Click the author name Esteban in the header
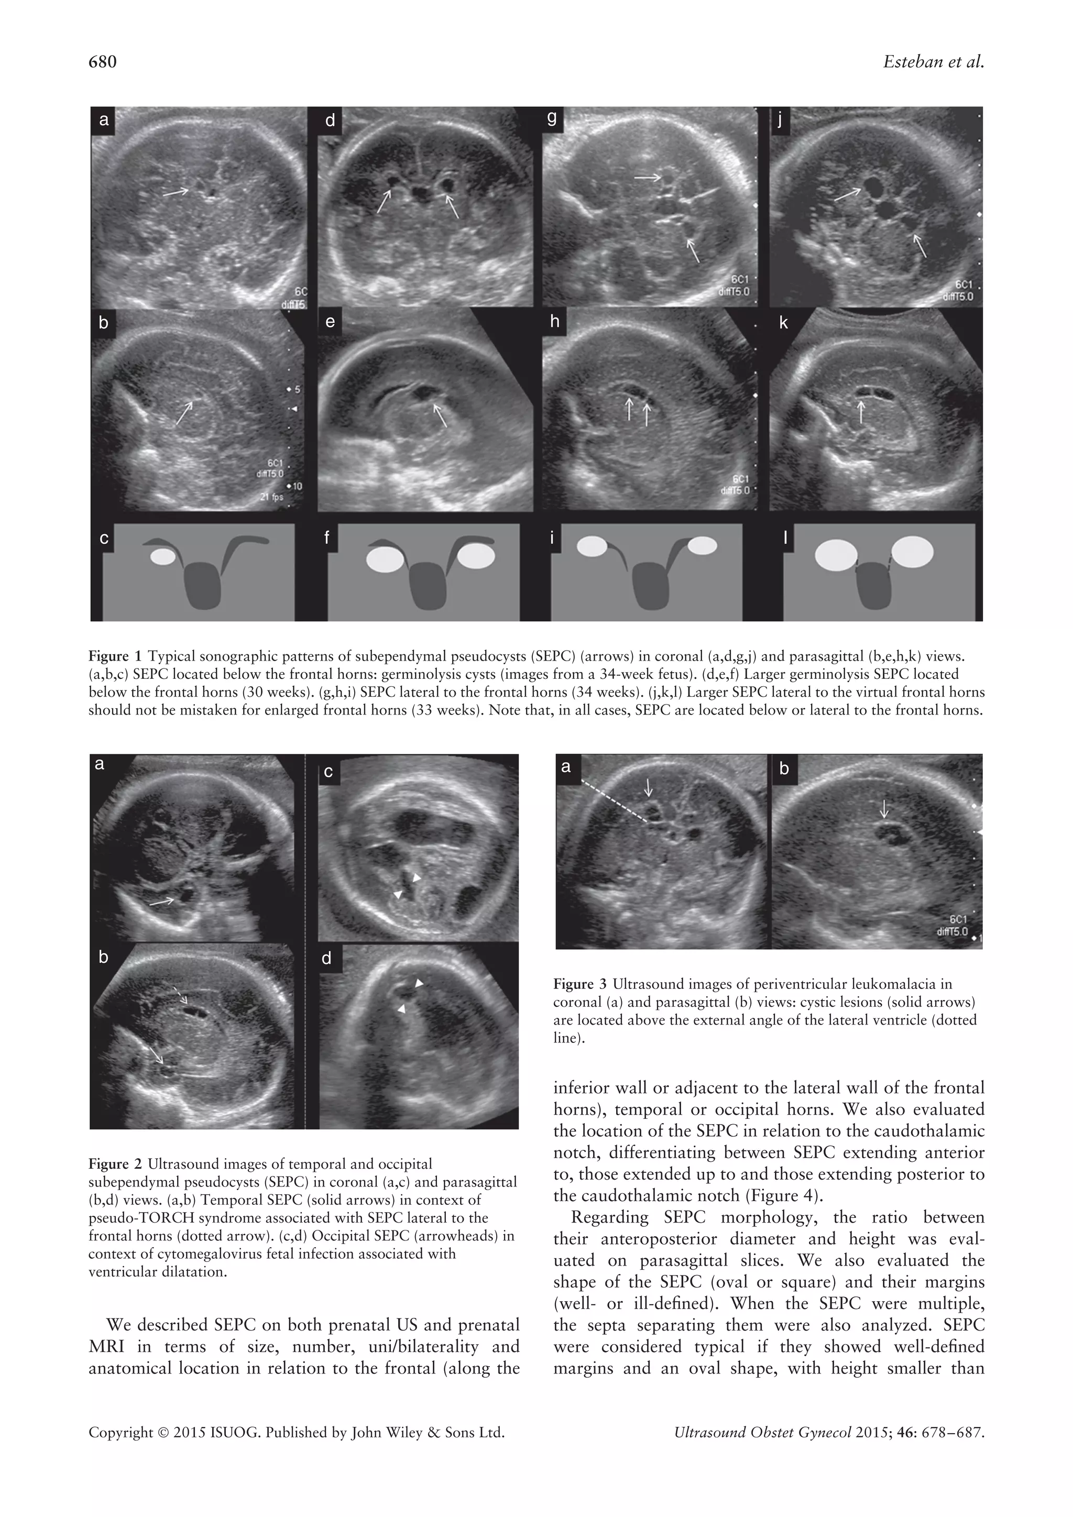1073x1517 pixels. click(x=911, y=62)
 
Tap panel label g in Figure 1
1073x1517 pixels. click(x=552, y=118)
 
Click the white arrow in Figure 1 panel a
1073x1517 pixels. click(x=176, y=192)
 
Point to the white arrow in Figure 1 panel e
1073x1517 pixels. click(x=440, y=415)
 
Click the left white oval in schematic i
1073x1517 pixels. click(x=592, y=546)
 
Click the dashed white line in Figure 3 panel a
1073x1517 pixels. click(x=612, y=801)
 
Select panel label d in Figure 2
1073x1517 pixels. click(x=326, y=958)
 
